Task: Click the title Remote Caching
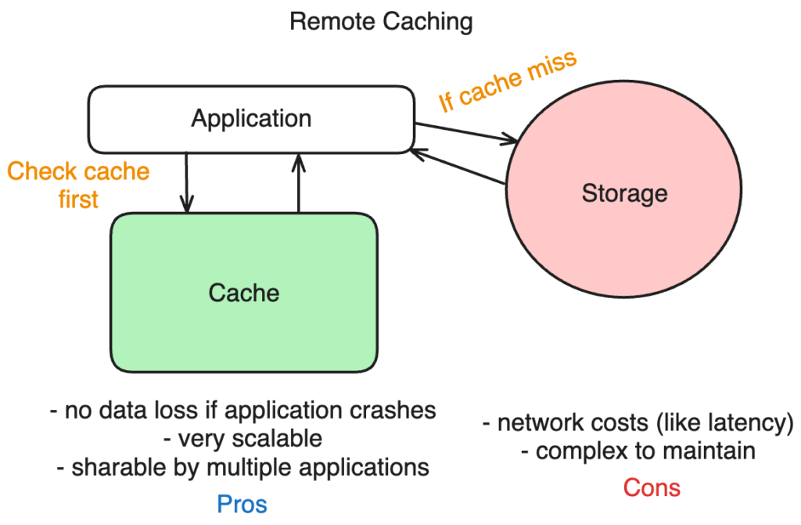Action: (381, 21)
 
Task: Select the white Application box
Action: (251, 119)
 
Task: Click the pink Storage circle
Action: (623, 192)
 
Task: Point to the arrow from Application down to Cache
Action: (187, 182)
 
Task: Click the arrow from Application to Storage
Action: (466, 133)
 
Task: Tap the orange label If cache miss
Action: (507, 82)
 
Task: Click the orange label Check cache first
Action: (78, 185)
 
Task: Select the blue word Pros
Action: (242, 504)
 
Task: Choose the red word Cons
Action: (652, 488)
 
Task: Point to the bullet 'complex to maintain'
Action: (638, 451)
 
